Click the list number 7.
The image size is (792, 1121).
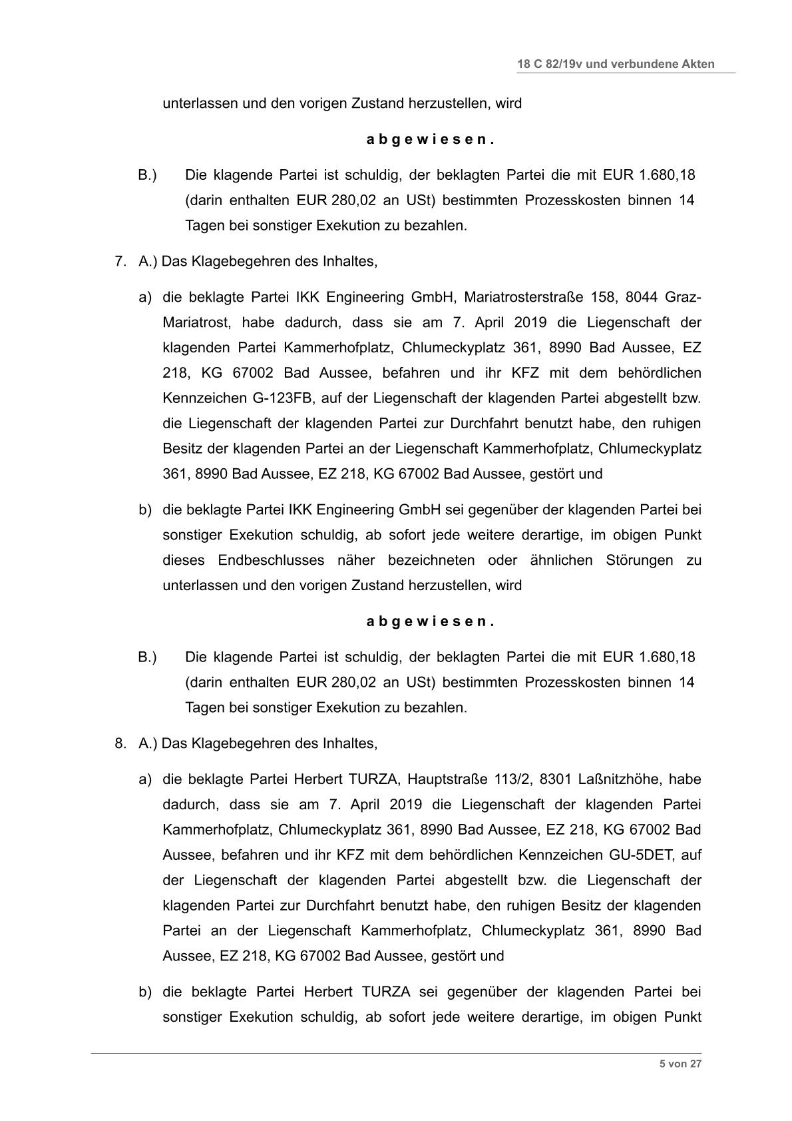120,262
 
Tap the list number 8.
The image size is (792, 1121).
120,743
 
